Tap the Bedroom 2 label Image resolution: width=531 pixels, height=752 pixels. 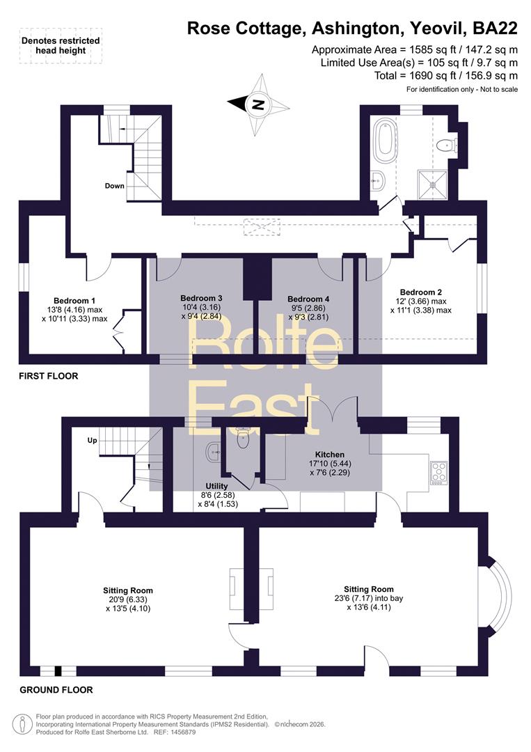(421, 292)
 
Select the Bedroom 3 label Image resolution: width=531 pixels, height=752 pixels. (201, 298)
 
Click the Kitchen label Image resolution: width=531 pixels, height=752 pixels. (330, 454)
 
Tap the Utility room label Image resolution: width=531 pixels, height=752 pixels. (216, 486)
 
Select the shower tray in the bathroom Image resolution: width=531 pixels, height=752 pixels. (433, 184)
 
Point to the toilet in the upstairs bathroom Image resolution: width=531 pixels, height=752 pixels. (450, 144)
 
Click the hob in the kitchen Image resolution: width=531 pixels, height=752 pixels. (438, 473)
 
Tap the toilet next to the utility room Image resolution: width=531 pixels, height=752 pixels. (243, 439)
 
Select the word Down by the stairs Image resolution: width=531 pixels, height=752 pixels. (115, 186)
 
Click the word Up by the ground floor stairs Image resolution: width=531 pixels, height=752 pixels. (92, 440)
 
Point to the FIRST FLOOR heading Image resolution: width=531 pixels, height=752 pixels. (49, 376)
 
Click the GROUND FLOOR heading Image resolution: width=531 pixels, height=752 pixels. (56, 690)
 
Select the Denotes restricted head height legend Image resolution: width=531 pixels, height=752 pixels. (61, 45)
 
